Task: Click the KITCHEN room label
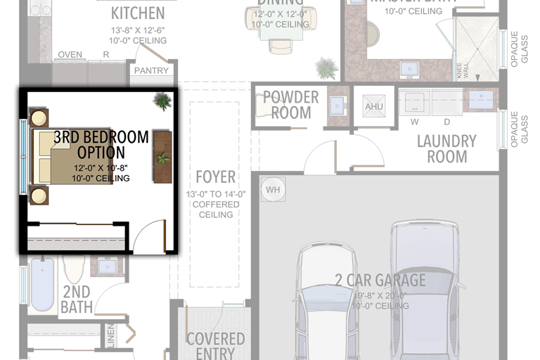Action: tap(138, 13)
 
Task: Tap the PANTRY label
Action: tap(151, 70)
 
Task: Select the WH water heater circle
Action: tap(273, 189)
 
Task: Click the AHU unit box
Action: tap(372, 107)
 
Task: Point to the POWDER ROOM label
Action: tap(290, 105)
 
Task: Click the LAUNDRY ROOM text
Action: tap(446, 148)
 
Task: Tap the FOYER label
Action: tap(216, 176)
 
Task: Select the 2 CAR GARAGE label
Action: tap(380, 281)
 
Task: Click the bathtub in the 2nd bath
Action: tap(42, 284)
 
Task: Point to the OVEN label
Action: tap(70, 55)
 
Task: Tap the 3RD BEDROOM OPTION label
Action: tap(101, 144)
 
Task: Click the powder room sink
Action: tap(338, 106)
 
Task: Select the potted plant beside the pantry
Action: tap(162, 101)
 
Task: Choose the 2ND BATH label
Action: tap(75, 300)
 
